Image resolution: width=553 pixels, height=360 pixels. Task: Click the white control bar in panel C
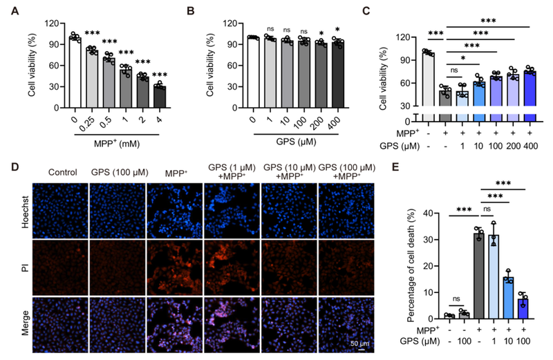tap(429, 82)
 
